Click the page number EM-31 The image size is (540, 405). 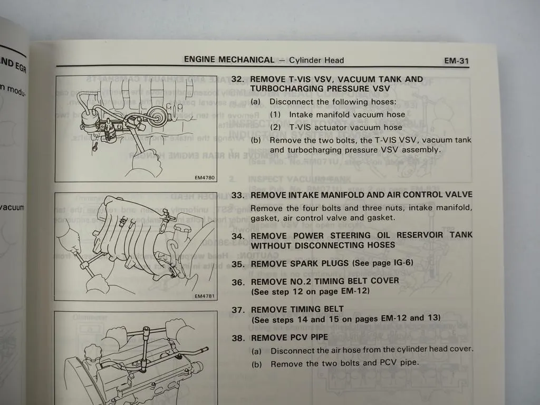[456, 61]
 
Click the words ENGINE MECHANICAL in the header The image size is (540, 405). [229, 60]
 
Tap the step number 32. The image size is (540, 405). [237, 79]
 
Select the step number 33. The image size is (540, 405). [237, 195]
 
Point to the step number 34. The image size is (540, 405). [237, 235]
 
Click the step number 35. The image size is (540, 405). [237, 264]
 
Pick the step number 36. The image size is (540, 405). [237, 282]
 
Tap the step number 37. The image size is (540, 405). [237, 310]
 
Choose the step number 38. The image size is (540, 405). [237, 337]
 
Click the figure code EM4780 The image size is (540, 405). [205, 178]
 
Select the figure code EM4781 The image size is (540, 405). [205, 296]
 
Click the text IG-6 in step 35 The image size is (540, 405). [403, 263]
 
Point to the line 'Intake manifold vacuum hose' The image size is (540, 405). [346, 114]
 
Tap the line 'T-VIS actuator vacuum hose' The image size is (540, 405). [345, 127]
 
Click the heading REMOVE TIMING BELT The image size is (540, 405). [297, 309]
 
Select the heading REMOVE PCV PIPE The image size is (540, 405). [289, 337]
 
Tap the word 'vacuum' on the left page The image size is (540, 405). [12, 207]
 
